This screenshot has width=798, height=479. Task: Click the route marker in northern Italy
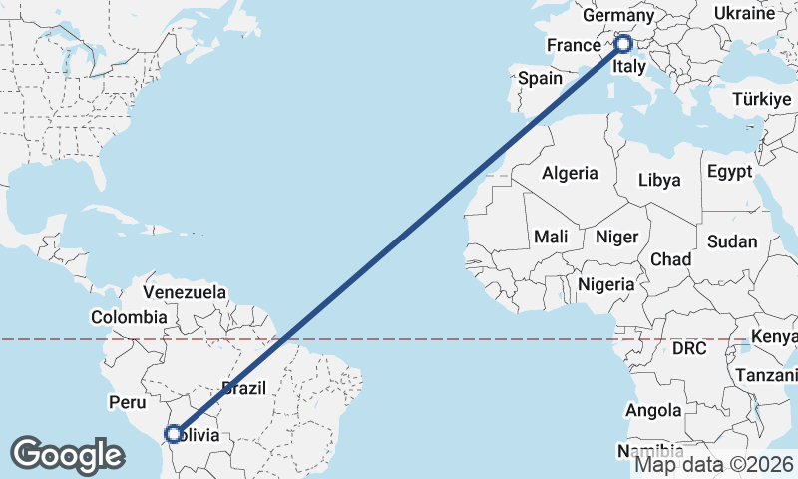click(623, 44)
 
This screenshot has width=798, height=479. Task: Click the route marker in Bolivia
click(174, 434)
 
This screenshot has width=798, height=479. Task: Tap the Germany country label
click(617, 16)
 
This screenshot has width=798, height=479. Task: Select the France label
click(574, 46)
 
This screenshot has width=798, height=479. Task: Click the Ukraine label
click(744, 13)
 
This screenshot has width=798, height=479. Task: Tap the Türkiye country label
click(761, 100)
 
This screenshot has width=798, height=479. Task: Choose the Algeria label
click(570, 173)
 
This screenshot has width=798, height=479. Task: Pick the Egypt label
click(730, 171)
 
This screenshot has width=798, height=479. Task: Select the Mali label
click(551, 237)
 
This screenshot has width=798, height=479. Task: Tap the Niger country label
click(615, 237)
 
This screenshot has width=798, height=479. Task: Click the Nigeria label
click(605, 284)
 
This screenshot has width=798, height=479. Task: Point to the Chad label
click(671, 259)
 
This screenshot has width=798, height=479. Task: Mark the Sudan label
click(732, 241)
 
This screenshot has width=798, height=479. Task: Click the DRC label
click(688, 348)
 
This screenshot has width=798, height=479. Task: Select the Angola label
click(653, 410)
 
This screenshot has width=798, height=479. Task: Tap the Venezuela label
click(185, 292)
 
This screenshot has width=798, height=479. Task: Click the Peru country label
click(127, 401)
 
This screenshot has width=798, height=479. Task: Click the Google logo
click(68, 454)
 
